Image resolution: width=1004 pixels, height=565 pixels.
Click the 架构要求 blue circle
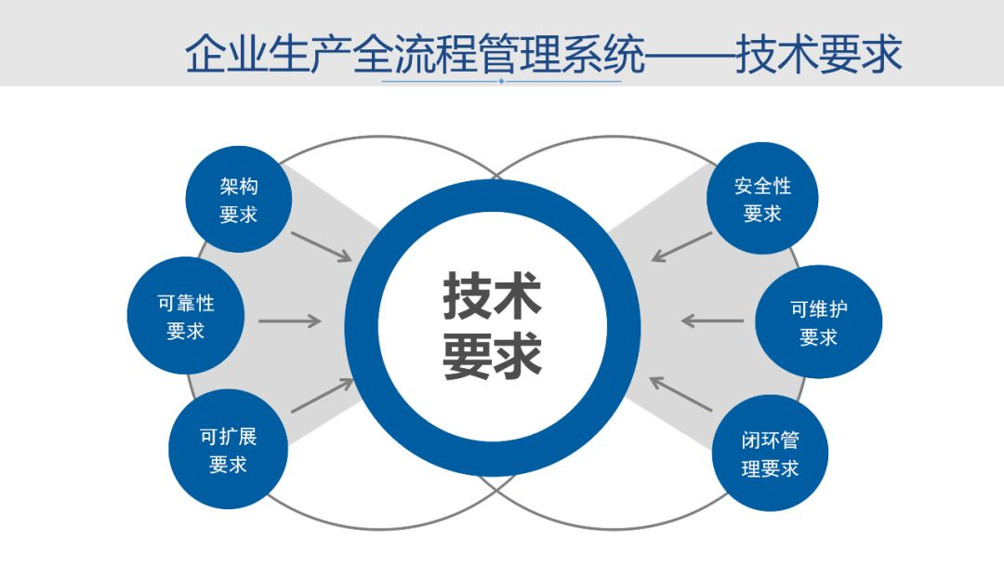tap(239, 200)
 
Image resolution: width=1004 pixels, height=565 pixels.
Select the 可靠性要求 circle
tap(185, 316)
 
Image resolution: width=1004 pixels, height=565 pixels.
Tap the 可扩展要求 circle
tap(228, 450)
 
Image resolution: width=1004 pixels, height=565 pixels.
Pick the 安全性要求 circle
tap(762, 199)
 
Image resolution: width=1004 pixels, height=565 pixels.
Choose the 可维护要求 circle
tap(818, 322)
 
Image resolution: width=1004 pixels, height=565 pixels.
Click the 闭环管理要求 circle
tap(770, 453)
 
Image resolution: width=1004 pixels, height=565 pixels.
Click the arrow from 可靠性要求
tap(289, 322)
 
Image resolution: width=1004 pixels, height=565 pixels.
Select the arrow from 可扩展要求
tap(321, 395)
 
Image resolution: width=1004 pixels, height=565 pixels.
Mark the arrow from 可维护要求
tap(712, 322)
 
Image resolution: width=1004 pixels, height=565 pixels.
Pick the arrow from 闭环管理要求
tap(680, 394)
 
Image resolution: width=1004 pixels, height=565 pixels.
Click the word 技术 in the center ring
tap(492, 295)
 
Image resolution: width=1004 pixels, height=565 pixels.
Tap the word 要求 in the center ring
tap(492, 356)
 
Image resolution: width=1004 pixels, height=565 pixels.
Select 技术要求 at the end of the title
tap(818, 54)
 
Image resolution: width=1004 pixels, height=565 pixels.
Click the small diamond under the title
tap(501, 81)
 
